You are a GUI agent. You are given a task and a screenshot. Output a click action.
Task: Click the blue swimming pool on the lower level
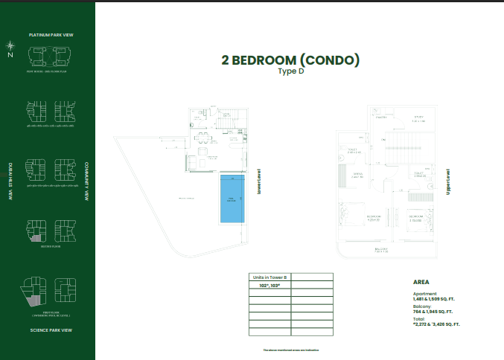coord(232,199)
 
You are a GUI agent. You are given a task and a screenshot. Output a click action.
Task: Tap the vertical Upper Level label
coord(448,181)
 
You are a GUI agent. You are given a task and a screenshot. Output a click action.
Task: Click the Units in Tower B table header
coord(269,276)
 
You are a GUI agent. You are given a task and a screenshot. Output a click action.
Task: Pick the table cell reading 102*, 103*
coord(269,285)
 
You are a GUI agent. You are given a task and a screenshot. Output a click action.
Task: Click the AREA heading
coord(422,283)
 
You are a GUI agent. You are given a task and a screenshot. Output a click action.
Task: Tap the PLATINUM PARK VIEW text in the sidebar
coord(51,35)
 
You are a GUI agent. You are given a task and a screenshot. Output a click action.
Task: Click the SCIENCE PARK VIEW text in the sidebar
coord(51,330)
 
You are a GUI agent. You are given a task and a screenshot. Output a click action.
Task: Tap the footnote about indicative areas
coord(290,350)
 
